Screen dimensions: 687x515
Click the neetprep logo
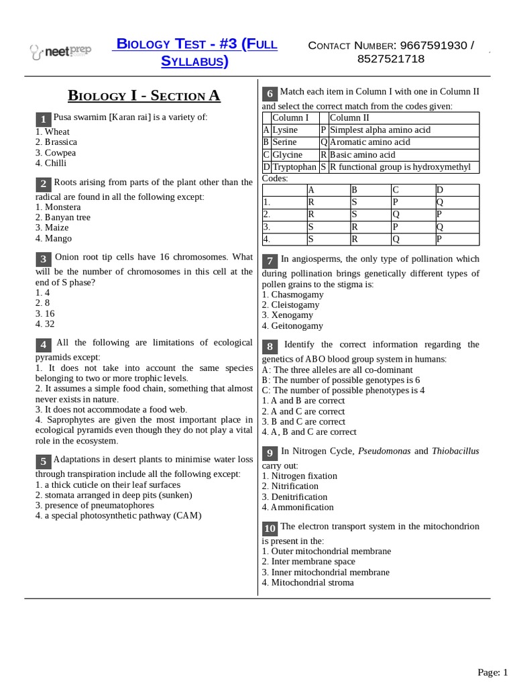click(61, 50)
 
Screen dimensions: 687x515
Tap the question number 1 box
click(42, 119)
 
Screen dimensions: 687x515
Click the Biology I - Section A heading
click(144, 95)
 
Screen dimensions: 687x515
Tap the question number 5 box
click(42, 461)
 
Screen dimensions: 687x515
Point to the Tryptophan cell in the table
click(294, 167)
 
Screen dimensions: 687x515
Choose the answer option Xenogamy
click(287, 315)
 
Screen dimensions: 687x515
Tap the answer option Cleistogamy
click(290, 305)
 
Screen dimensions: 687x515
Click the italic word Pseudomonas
click(384, 452)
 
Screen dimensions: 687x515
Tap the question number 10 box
click(270, 528)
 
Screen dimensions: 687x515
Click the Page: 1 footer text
click(493, 672)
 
